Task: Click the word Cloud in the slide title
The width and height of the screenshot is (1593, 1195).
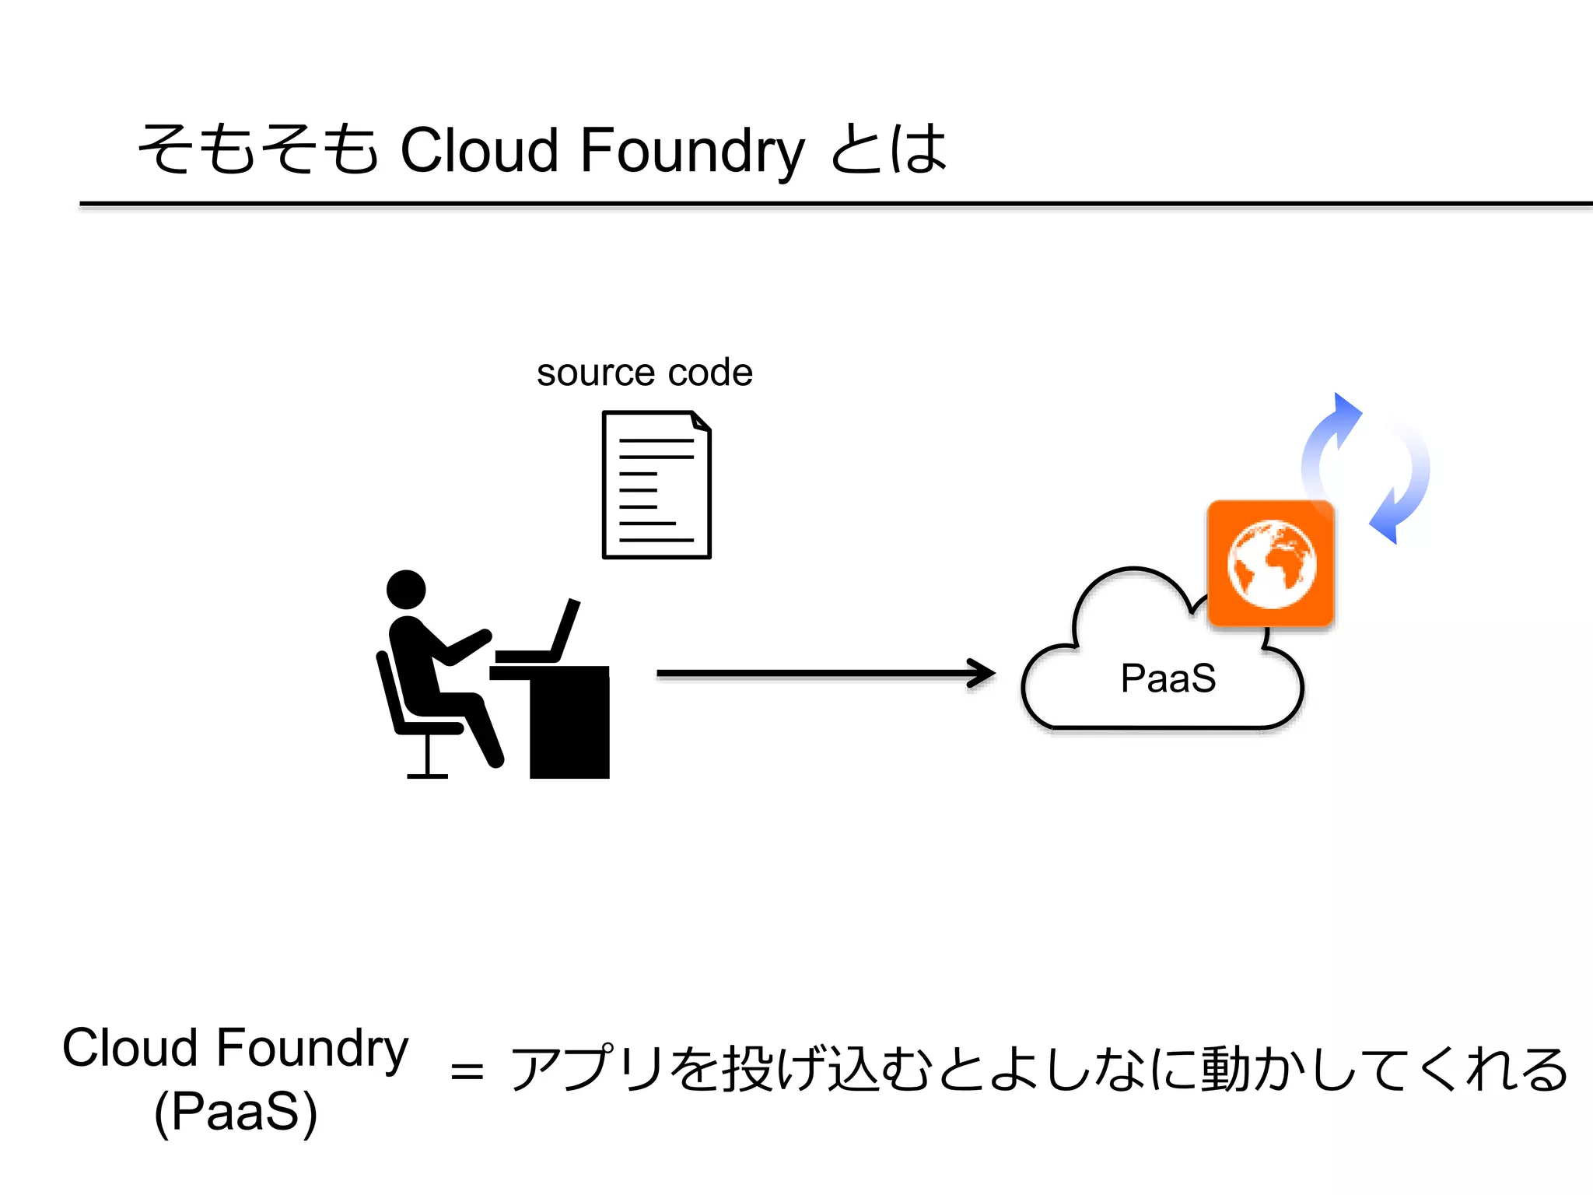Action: coord(478,149)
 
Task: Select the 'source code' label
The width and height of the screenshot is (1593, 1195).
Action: coord(644,373)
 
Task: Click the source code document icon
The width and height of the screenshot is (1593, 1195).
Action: coord(656,485)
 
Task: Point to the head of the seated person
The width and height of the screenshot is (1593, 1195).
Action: coord(406,590)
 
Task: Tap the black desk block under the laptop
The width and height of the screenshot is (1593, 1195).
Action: coord(569,724)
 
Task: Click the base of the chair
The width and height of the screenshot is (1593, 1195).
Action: coord(427,774)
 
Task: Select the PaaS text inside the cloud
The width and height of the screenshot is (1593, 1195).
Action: coord(1168,678)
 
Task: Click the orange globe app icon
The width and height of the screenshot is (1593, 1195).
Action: coord(1271,563)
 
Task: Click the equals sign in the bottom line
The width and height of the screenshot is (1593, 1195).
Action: coord(467,1071)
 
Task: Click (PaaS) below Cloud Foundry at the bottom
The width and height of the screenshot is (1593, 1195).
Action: coord(236,1113)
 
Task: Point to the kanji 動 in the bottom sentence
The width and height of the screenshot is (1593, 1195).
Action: coord(1225,1069)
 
